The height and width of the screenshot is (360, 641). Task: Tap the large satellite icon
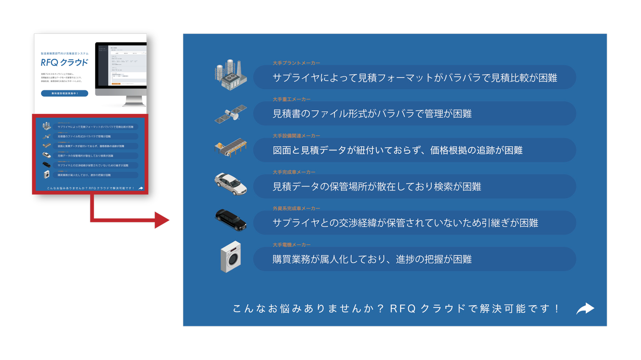coord(231,113)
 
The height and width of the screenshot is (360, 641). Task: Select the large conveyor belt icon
coord(230,148)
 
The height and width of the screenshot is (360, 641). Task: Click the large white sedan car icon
coord(230,184)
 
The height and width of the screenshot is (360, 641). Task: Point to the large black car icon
coord(231,219)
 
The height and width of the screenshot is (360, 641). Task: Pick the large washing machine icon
coord(231,257)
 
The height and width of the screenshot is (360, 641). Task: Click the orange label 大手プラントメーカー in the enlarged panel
coord(296,63)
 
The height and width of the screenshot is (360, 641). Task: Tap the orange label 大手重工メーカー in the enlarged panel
coord(292,99)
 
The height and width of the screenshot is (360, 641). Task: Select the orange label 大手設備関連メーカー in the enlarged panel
coord(296,136)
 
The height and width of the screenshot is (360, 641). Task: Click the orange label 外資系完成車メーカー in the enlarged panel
coord(296,208)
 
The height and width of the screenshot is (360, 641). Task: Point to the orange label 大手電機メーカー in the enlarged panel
coord(292,245)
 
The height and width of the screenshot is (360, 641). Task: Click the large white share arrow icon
coord(585,308)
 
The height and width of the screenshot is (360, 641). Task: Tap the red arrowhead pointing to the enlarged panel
coord(161,220)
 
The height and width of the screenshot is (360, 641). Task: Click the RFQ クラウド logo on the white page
coord(65,63)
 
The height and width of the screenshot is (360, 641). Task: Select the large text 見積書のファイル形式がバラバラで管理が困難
coord(372,114)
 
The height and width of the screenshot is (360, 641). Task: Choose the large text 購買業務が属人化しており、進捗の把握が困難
coord(372,259)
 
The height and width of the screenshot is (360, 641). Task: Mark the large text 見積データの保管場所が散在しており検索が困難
coord(377,187)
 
